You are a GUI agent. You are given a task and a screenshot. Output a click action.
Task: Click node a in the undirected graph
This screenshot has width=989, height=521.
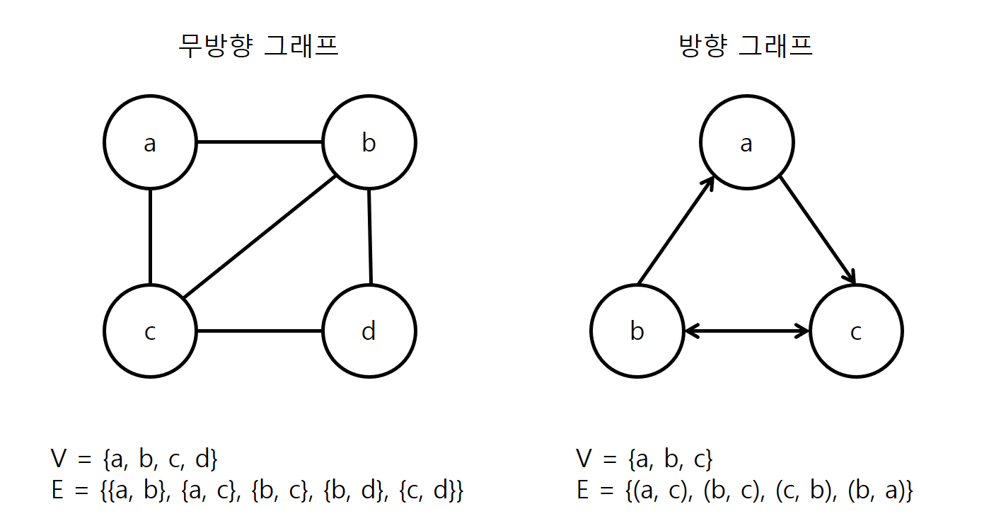click(x=150, y=142)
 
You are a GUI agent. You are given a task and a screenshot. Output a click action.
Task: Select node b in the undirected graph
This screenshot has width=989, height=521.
click(x=369, y=142)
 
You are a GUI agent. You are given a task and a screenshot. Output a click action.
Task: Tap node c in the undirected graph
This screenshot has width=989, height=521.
click(x=150, y=331)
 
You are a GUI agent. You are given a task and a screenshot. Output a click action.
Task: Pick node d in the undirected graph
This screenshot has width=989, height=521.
click(x=369, y=331)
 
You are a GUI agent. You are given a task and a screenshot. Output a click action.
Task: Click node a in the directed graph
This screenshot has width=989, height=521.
click(x=746, y=142)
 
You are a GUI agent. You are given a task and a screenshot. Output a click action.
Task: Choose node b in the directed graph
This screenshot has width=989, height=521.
click(x=637, y=331)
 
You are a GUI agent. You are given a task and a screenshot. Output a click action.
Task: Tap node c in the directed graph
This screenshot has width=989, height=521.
click(x=856, y=331)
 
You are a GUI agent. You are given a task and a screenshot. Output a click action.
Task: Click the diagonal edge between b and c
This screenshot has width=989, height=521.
click(x=259, y=236)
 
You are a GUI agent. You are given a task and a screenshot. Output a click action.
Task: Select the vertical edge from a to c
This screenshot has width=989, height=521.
click(x=150, y=236)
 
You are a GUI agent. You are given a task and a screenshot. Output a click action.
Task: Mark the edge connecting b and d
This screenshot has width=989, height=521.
click(x=369, y=236)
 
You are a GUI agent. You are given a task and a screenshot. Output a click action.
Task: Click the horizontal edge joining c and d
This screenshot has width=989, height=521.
click(x=259, y=331)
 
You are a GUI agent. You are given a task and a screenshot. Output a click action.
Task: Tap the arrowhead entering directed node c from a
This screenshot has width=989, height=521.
click(x=851, y=277)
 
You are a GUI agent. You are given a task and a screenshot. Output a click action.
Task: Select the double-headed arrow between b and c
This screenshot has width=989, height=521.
click(x=746, y=331)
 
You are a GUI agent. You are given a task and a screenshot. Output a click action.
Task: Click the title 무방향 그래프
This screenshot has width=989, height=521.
click(x=258, y=47)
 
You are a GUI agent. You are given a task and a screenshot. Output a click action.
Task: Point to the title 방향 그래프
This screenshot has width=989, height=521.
click(x=746, y=47)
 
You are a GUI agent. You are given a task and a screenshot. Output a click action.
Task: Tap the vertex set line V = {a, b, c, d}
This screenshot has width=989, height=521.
click(x=134, y=460)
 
